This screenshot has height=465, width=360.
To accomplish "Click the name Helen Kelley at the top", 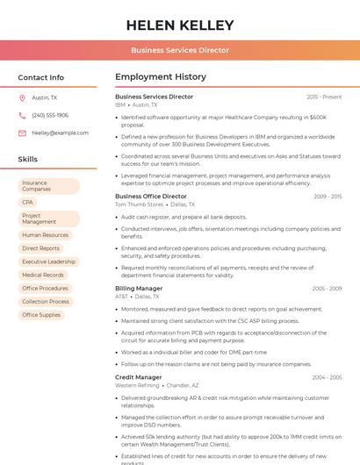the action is pyautogui.click(x=180, y=25).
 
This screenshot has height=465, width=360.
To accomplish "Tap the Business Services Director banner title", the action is pyautogui.click(x=180, y=51).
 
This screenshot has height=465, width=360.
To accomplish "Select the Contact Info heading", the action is pyautogui.click(x=41, y=77).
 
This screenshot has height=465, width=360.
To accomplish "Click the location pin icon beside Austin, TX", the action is pyautogui.click(x=22, y=98).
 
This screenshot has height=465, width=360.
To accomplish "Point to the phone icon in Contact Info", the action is pyautogui.click(x=22, y=116).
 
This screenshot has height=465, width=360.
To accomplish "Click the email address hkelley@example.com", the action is pyautogui.click(x=60, y=133).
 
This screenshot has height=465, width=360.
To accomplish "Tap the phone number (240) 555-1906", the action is pyautogui.click(x=50, y=116).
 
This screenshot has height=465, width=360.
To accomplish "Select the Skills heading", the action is pyautogui.click(x=28, y=160).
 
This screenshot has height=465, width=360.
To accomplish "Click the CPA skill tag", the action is pyautogui.click(x=28, y=203).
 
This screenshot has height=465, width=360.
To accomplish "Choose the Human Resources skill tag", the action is pyautogui.click(x=45, y=235).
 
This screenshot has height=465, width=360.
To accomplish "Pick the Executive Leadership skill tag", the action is pyautogui.click(x=48, y=261).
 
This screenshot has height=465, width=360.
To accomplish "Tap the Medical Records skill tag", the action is pyautogui.click(x=43, y=275).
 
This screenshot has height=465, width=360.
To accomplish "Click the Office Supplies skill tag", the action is pyautogui.click(x=41, y=315).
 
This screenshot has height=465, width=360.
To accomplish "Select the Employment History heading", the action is pyautogui.click(x=161, y=77).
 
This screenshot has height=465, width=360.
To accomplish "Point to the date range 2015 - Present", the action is pyautogui.click(x=324, y=97).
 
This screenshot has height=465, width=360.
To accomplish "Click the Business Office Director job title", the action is pyautogui.click(x=151, y=197).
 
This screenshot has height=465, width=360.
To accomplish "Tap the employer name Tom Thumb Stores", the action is pyautogui.click(x=139, y=204).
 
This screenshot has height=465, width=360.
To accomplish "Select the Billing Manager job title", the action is pyautogui.click(x=139, y=288).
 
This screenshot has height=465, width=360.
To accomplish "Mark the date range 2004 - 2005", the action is pyautogui.click(x=327, y=377).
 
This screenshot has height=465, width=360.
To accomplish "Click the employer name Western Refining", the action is pyautogui.click(x=137, y=385).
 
